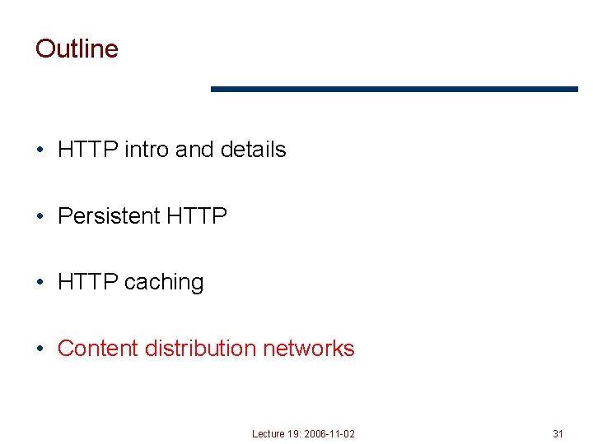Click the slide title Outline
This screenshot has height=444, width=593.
point(77,49)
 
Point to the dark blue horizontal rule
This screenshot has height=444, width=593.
point(395,89)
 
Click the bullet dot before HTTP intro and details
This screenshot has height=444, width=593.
point(40,150)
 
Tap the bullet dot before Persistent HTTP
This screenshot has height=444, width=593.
point(40,216)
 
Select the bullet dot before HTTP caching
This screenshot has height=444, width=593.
point(40,283)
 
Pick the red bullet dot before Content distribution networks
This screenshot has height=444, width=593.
point(40,349)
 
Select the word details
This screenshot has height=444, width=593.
point(254,150)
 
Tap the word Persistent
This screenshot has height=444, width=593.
point(109,216)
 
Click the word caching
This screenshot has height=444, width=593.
point(164,282)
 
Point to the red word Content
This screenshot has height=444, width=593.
point(98,349)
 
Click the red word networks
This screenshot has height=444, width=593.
point(308,349)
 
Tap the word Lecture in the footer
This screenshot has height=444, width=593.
point(268,433)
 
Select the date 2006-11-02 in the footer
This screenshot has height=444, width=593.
point(329,433)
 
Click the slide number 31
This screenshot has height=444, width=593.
point(558,433)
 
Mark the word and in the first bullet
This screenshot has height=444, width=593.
point(194,150)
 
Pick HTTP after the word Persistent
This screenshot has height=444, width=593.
point(196,216)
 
